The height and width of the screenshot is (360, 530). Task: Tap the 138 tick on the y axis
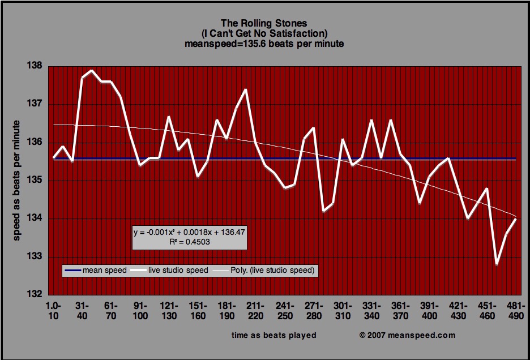tap(35, 66)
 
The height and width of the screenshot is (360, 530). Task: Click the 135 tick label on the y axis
tap(35, 181)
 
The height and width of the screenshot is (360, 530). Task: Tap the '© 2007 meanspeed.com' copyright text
tap(407, 335)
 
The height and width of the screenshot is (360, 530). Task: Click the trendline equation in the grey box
tap(189, 232)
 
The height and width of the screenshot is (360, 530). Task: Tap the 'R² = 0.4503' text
tap(189, 241)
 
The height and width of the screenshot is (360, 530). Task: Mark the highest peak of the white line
tap(92, 70)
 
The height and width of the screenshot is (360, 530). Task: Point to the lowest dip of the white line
tap(497, 264)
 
